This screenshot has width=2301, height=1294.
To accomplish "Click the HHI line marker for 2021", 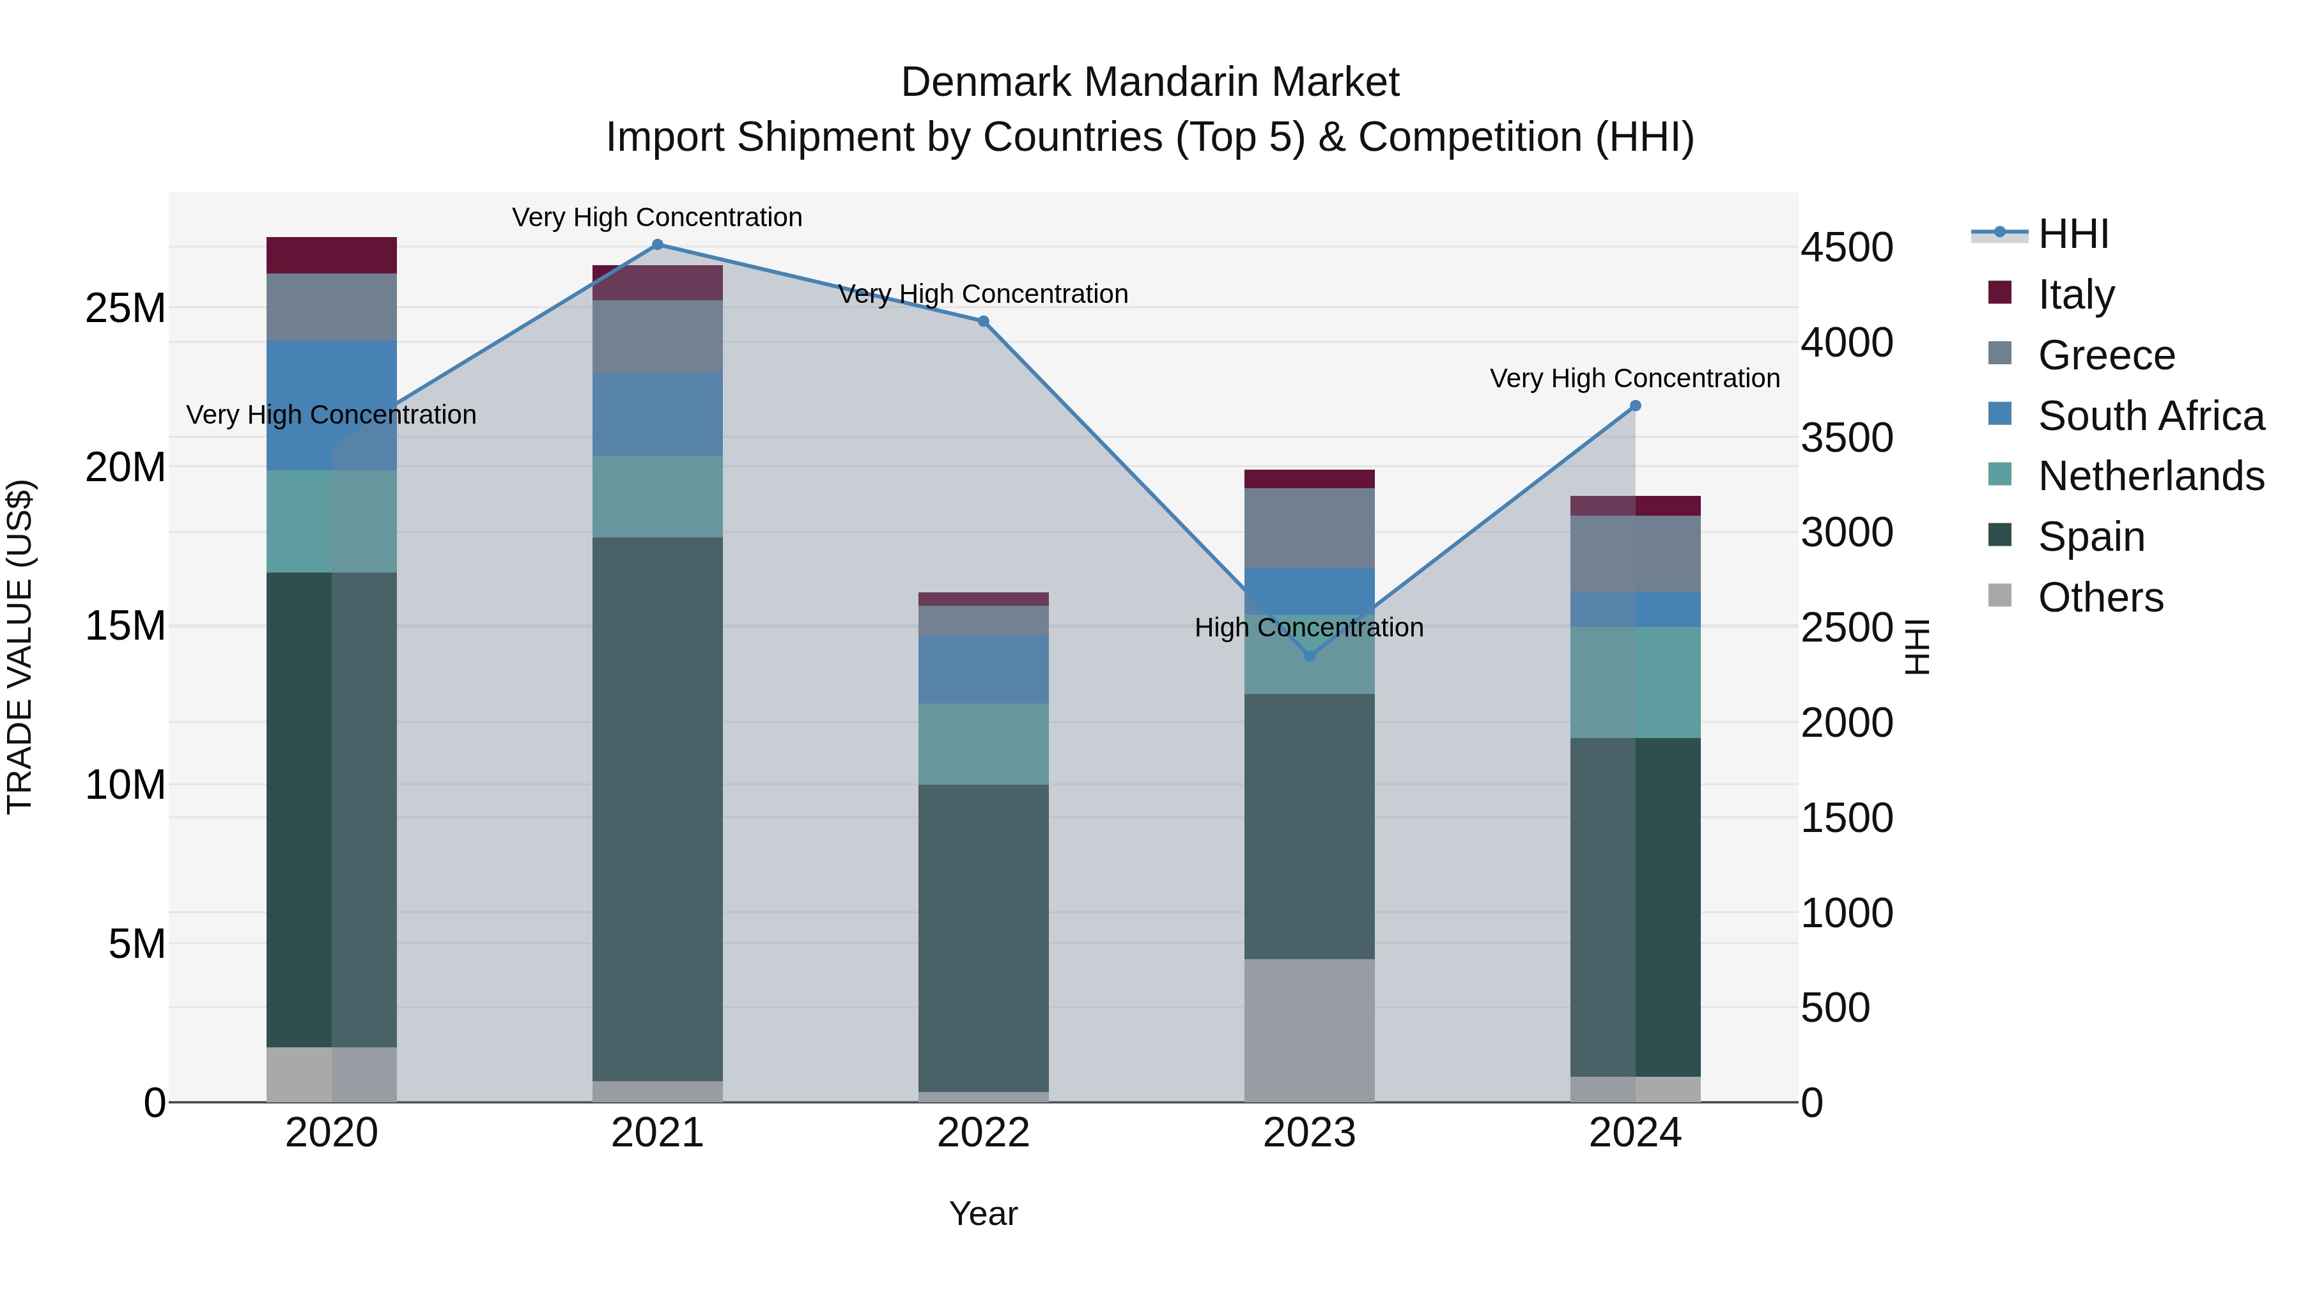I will [658, 245].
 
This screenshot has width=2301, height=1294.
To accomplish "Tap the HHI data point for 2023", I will [1310, 656].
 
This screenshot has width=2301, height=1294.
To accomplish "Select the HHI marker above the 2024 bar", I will [1636, 405].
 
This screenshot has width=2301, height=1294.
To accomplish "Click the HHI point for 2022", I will [984, 321].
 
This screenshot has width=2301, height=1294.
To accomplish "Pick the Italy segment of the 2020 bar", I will [331, 256].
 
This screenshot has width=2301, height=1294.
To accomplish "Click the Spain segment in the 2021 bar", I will [658, 808].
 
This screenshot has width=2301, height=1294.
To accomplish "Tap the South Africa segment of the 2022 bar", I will [984, 670].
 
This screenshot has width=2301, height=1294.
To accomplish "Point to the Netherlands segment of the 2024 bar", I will [1636, 682].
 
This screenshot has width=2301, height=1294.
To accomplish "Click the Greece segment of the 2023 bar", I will [1310, 528].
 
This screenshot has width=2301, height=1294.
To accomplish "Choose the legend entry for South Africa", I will [2150, 416].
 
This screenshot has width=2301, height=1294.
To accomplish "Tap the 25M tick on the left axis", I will [125, 309].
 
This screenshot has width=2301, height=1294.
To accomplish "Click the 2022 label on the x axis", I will [984, 1133].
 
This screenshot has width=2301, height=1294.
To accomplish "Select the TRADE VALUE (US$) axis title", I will [20, 647].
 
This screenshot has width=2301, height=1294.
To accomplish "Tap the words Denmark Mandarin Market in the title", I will [1150, 82].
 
